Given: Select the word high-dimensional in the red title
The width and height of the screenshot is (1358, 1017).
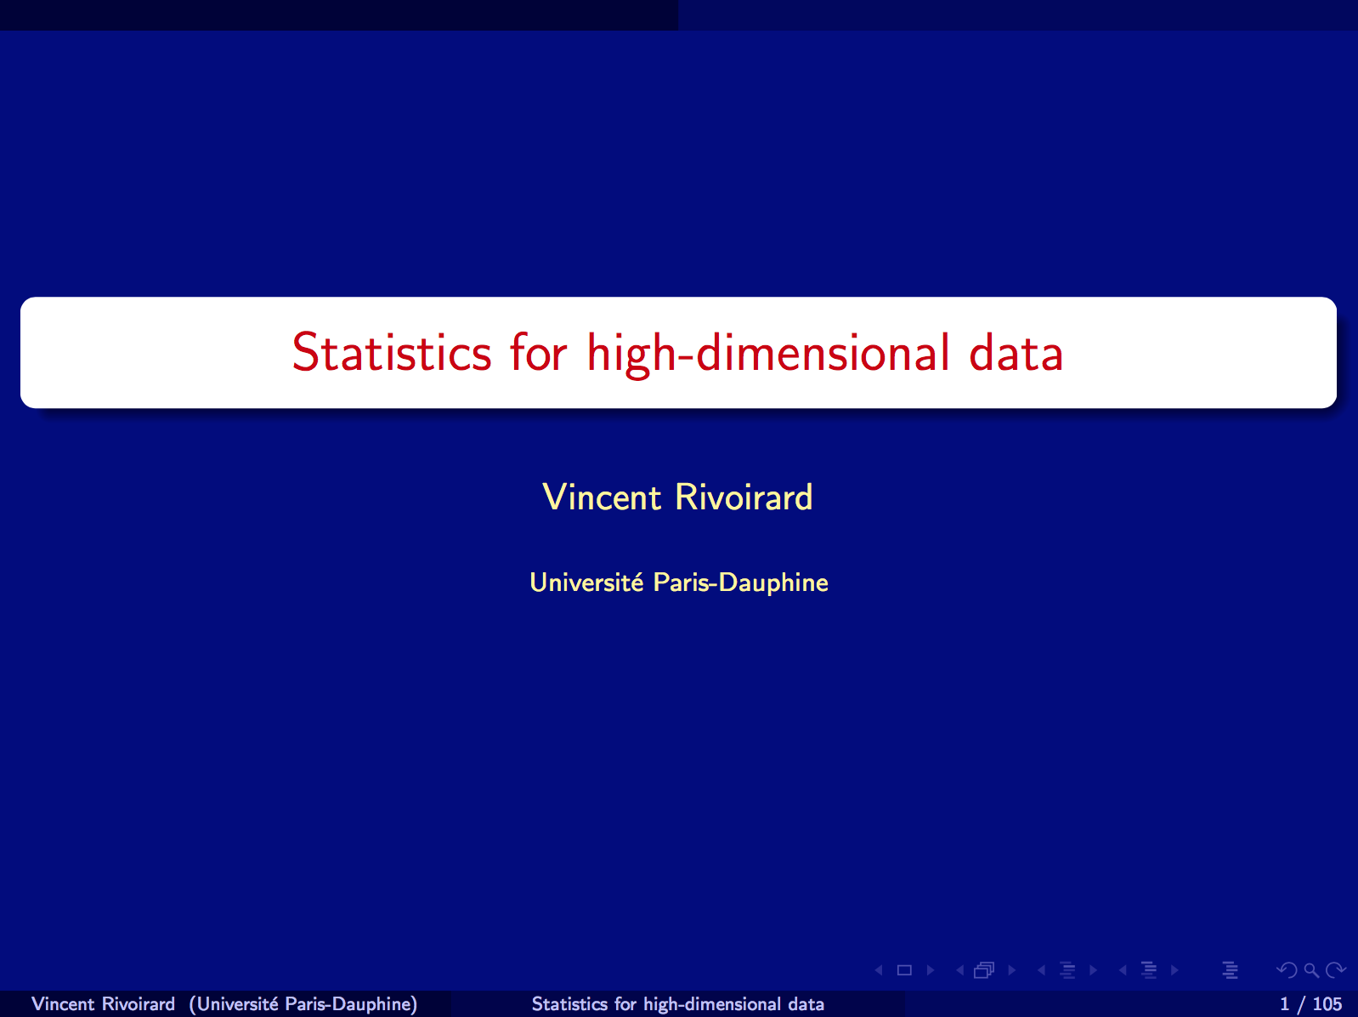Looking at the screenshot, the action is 767,354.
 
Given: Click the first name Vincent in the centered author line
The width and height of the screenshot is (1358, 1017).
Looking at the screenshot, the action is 602,497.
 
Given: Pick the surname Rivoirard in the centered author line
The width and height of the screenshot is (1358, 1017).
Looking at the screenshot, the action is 744,497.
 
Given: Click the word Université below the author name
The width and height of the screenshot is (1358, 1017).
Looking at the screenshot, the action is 586,582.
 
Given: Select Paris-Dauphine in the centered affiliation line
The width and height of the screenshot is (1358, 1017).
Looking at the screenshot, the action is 740,583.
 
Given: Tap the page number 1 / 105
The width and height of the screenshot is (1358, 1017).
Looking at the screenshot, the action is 1311,1003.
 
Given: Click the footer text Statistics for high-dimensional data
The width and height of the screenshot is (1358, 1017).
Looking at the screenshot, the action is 678,1003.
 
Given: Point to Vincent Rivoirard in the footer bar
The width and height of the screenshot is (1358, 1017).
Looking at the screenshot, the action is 104,1003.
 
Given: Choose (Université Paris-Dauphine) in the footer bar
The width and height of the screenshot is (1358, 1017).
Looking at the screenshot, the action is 303,1003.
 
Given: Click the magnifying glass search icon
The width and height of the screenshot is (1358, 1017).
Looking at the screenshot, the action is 1311,970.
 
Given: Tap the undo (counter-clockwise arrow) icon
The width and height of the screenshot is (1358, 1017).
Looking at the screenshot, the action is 1287,970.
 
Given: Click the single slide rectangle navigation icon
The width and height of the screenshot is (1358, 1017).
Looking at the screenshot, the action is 904,970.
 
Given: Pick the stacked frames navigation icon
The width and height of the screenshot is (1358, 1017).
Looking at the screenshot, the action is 984,970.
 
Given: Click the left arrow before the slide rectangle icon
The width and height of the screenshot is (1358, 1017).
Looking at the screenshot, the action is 879,970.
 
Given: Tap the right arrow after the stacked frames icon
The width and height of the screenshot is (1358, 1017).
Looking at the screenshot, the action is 1011,970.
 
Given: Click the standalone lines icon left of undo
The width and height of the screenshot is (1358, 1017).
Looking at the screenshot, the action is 1230,970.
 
